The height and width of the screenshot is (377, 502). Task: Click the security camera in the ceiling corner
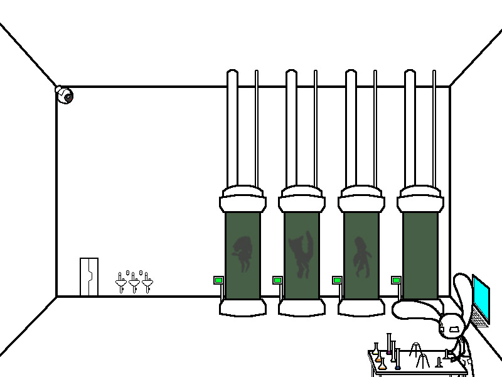pyautogui.click(x=65, y=96)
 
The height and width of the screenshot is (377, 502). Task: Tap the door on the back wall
pyautogui.click(x=89, y=276)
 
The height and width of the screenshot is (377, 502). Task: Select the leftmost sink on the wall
pyautogui.click(x=121, y=283)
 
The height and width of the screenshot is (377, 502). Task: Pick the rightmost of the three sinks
pyautogui.click(x=147, y=283)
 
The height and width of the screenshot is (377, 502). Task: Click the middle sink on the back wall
pyautogui.click(x=134, y=284)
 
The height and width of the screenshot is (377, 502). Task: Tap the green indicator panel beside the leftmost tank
pyautogui.click(x=218, y=280)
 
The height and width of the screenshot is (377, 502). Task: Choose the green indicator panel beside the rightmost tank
pyautogui.click(x=396, y=280)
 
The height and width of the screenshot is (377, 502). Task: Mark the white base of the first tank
pyautogui.click(x=242, y=307)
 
